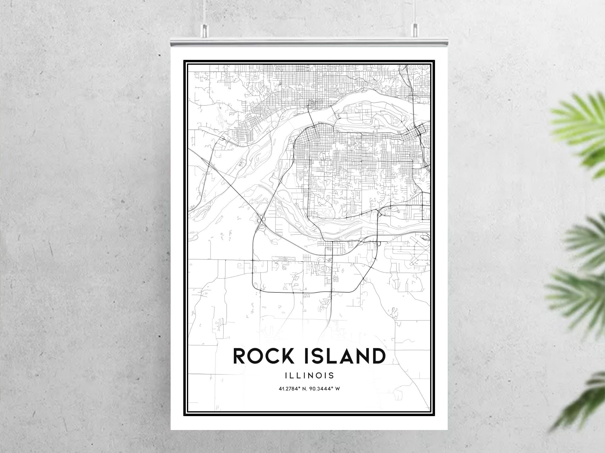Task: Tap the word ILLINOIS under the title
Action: point(309,376)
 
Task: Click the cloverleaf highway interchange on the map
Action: point(261,220)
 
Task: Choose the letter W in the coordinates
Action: point(337,389)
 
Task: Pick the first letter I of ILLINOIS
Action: point(286,376)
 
